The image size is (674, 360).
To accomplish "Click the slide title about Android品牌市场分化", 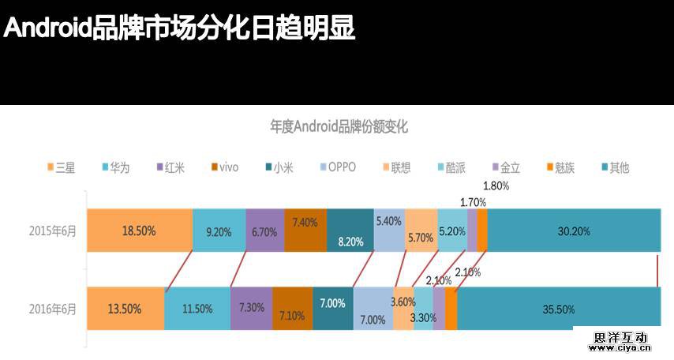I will [x=180, y=28].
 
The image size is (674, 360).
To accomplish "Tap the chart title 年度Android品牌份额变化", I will [x=339, y=127].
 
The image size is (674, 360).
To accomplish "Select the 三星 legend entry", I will [x=62, y=167].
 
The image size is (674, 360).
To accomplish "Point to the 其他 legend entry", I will [x=614, y=167].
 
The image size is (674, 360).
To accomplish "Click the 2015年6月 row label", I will [x=53, y=231].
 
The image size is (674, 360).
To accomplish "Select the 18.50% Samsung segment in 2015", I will [x=140, y=231].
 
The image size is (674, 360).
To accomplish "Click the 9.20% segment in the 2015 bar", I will [x=219, y=231].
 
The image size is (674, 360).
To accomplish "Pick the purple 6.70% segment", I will [x=264, y=231].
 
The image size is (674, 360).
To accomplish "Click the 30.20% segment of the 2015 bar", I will [x=574, y=231].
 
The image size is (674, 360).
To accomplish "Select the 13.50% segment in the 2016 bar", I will [x=125, y=309].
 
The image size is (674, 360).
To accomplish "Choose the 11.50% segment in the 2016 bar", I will [x=197, y=309].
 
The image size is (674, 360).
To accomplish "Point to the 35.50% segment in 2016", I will [x=559, y=309].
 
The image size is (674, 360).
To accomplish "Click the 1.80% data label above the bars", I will [x=496, y=186].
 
